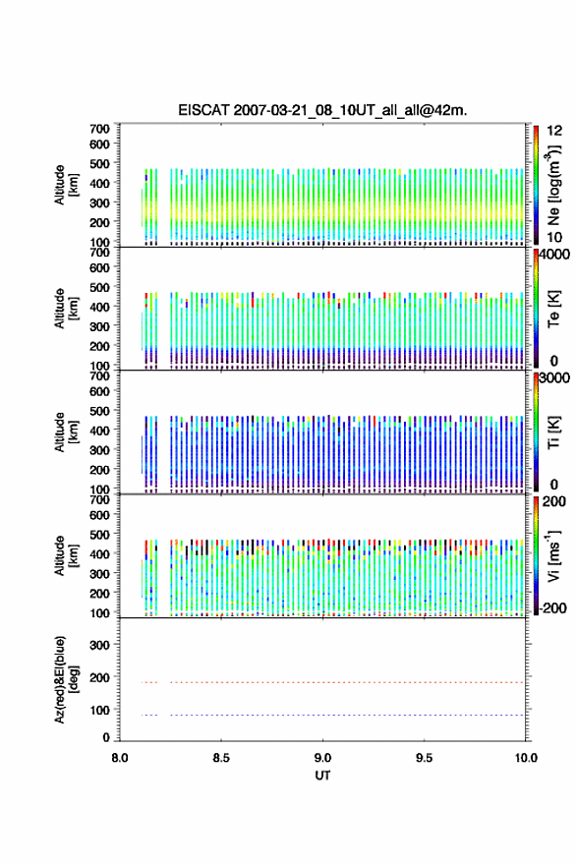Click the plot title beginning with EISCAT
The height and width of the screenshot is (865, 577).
[322, 110]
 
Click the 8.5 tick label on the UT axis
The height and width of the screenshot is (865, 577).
[221, 758]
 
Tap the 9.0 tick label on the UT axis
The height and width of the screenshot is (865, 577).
[322, 758]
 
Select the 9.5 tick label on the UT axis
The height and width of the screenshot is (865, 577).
[425, 758]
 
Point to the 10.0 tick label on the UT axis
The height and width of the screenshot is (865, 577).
[526, 758]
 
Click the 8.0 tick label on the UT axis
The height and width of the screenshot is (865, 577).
[120, 758]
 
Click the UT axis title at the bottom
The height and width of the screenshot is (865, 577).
[322, 776]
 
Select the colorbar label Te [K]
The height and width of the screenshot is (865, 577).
[553, 309]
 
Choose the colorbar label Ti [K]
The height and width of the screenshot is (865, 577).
[553, 432]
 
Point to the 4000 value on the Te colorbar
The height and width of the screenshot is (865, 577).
[554, 256]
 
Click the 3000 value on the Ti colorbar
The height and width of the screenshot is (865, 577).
[554, 378]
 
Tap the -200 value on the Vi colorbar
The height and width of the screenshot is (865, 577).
[551, 607]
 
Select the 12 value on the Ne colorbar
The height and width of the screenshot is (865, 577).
[554, 131]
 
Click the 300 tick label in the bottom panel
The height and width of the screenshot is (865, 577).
[100, 645]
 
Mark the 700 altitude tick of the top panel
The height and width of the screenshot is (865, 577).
[100, 129]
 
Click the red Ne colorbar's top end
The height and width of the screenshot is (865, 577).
[536, 127]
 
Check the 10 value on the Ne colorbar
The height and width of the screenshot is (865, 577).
[554, 237]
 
